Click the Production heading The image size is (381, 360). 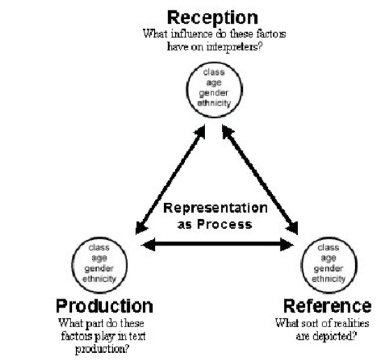(x=104, y=306)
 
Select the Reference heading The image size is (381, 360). (x=327, y=306)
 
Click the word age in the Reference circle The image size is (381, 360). (x=328, y=257)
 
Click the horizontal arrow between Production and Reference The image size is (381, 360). (x=217, y=244)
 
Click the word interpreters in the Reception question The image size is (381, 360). (x=227, y=45)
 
